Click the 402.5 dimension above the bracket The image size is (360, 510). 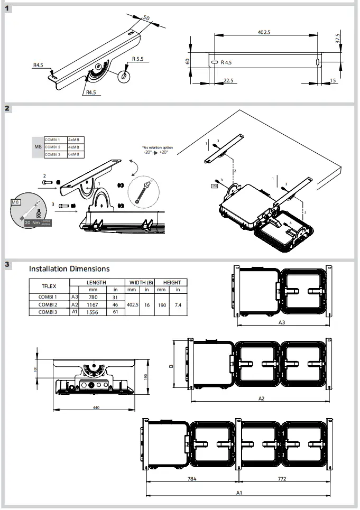pyautogui.click(x=264, y=32)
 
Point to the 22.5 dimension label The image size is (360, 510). pyautogui.click(x=228, y=81)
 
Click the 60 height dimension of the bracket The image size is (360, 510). pyautogui.click(x=188, y=61)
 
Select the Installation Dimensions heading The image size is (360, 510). pyautogui.click(x=69, y=269)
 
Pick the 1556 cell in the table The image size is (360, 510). pyautogui.click(x=93, y=312)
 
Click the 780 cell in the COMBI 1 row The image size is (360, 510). pyautogui.click(x=93, y=297)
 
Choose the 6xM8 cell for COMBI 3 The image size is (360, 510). pyautogui.click(x=76, y=154)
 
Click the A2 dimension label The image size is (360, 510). pyautogui.click(x=261, y=398)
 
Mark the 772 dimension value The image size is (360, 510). pyautogui.click(x=285, y=479)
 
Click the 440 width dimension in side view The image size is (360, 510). pyautogui.click(x=95, y=407)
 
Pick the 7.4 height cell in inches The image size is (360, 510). pyautogui.click(x=178, y=305)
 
